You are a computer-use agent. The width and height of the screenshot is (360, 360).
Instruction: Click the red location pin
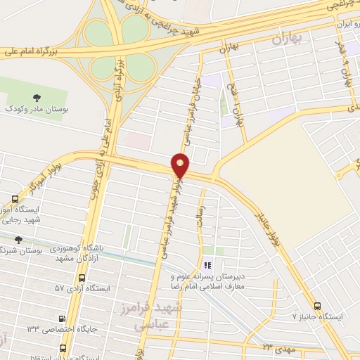[x=181, y=165]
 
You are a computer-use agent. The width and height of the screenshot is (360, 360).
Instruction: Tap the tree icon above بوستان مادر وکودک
[x=36, y=97]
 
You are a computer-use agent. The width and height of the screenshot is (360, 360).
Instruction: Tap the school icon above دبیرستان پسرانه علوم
[x=207, y=265]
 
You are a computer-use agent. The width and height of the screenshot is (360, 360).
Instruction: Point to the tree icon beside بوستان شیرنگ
[x=18, y=240]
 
